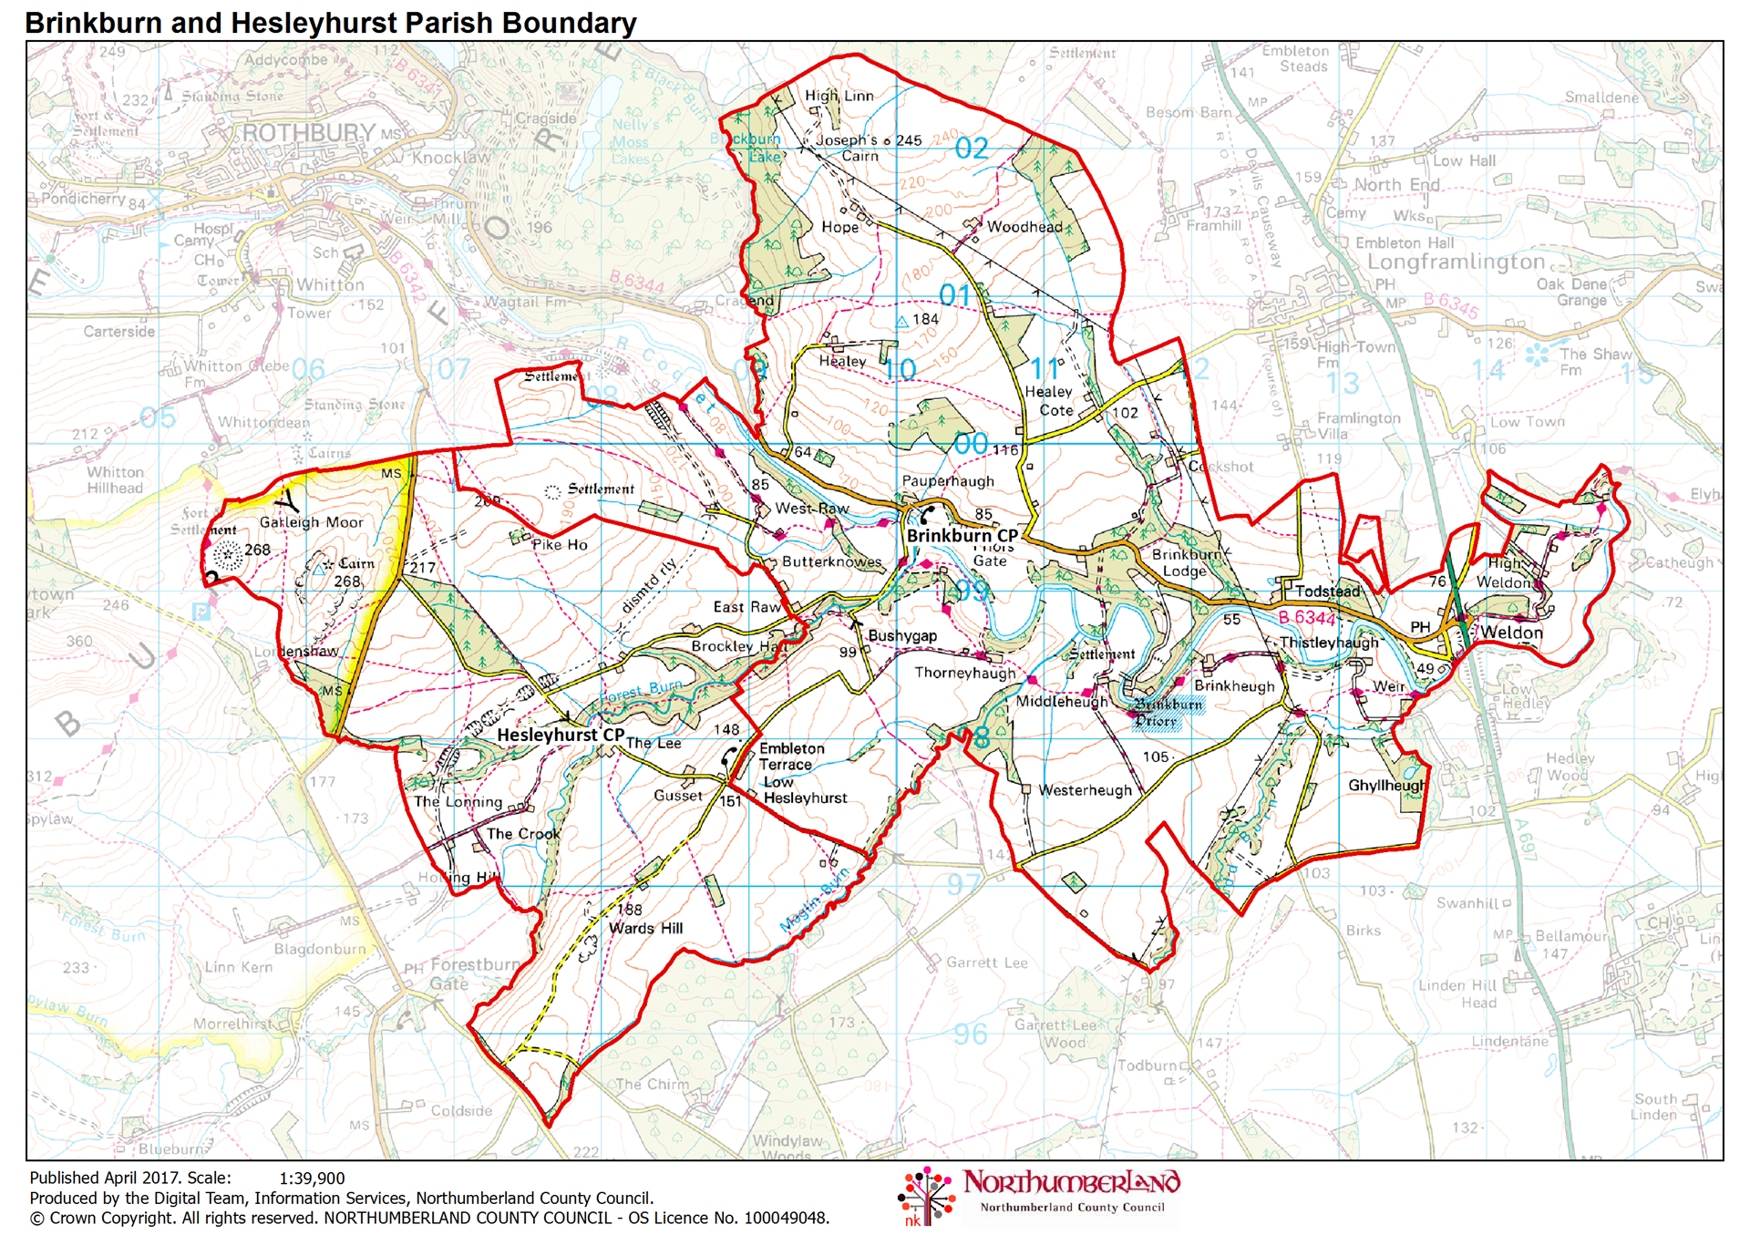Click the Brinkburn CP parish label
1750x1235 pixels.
tap(962, 536)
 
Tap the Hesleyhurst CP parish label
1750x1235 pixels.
tap(560, 735)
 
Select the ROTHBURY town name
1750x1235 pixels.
tap(308, 133)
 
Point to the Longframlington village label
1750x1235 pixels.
tap(1456, 262)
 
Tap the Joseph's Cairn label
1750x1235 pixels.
tap(847, 148)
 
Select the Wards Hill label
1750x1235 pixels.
tap(645, 928)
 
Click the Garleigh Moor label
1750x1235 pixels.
tap(311, 522)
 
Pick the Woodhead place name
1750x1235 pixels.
tap(1024, 227)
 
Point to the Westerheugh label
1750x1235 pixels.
tap(1085, 790)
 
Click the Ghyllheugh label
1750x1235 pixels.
tap(1386, 785)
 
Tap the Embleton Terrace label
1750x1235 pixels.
tap(791, 756)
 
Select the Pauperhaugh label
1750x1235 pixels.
tap(947, 480)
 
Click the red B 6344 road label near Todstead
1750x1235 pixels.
tap(1306, 618)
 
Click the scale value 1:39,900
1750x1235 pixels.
tap(312, 1178)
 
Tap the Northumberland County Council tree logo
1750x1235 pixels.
tap(926, 1195)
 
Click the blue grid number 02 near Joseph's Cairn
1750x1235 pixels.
tap(971, 149)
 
